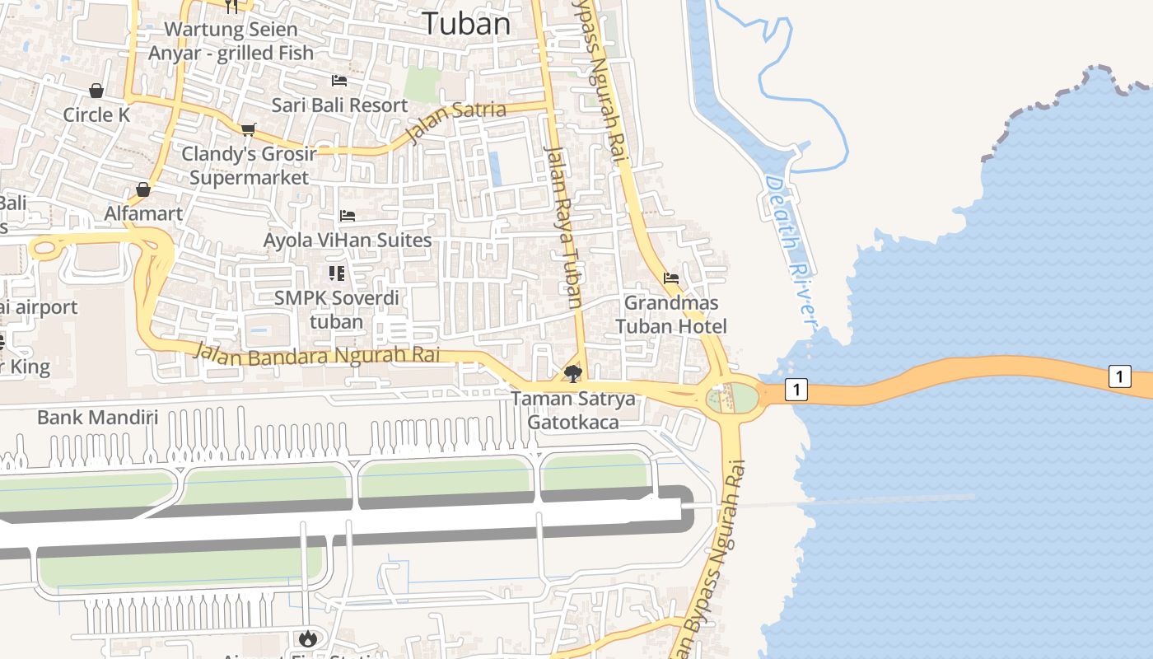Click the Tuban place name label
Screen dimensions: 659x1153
(x=467, y=23)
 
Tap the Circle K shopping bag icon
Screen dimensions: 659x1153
(x=96, y=91)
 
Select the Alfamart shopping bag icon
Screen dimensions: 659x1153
(x=143, y=190)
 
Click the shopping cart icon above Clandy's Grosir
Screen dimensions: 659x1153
(x=248, y=129)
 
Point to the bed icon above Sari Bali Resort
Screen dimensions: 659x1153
(x=339, y=81)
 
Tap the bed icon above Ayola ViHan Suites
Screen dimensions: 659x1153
(x=348, y=216)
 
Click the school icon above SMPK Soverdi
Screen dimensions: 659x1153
(x=336, y=273)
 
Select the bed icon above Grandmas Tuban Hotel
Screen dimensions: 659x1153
(x=671, y=278)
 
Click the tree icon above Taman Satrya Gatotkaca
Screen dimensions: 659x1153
(x=573, y=375)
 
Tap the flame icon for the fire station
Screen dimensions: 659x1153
(x=308, y=638)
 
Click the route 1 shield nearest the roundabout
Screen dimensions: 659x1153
(x=796, y=389)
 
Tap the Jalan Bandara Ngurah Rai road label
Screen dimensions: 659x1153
(x=317, y=355)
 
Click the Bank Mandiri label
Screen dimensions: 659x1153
(x=97, y=417)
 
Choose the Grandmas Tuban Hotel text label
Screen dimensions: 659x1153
(x=671, y=315)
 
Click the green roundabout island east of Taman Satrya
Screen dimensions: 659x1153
(x=741, y=398)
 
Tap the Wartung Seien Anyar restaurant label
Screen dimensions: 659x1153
(x=231, y=41)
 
